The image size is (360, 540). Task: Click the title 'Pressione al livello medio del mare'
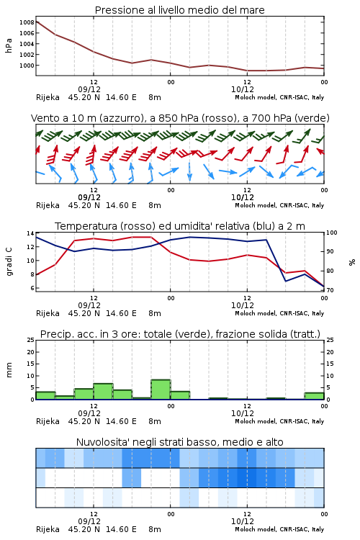coord(179,10)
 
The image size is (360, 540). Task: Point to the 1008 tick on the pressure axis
coord(27,22)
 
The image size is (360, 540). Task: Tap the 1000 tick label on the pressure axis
coord(27,66)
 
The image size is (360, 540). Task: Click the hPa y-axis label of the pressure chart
coord(9,45)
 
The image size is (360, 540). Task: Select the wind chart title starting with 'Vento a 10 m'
coord(180,118)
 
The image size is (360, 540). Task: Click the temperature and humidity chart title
coord(180,226)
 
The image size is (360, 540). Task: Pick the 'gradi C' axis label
coord(9,261)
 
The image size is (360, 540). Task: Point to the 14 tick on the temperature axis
coord(30,233)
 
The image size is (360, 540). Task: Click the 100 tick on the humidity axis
coord(332,233)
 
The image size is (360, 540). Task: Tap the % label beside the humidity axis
coord(352,262)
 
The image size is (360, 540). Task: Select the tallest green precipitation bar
coord(161,390)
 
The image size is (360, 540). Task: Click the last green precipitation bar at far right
coord(314,396)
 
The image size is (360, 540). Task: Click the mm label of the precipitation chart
coord(9,370)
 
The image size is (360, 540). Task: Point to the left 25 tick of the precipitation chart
coord(30,341)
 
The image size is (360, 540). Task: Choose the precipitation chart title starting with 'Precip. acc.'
coord(180,334)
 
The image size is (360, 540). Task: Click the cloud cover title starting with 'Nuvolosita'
coord(179,442)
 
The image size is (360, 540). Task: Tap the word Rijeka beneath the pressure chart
coord(48,97)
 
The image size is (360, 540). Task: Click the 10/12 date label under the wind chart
coord(242,198)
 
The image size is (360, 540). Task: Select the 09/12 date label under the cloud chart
coord(89,521)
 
